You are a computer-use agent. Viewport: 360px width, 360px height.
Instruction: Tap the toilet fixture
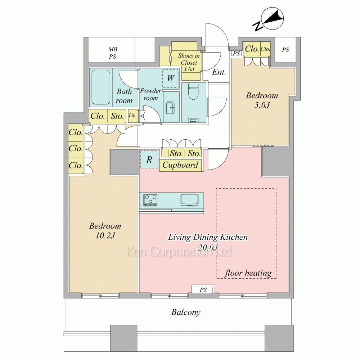[193, 91]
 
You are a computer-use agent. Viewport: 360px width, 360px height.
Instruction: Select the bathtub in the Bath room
[101, 87]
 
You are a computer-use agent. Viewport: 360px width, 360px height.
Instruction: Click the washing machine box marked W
[171, 78]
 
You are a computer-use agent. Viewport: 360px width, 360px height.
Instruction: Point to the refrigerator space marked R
[149, 159]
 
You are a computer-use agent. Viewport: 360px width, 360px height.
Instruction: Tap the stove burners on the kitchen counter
[150, 200]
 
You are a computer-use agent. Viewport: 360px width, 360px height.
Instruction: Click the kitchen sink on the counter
[189, 200]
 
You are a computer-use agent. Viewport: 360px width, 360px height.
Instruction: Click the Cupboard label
[180, 165]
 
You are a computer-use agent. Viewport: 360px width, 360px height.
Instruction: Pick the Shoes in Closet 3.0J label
[189, 62]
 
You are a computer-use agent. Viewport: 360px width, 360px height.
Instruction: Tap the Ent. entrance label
[219, 72]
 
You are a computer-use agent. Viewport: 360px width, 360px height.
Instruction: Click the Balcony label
[186, 312]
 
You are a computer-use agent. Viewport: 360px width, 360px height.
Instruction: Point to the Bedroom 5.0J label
[262, 100]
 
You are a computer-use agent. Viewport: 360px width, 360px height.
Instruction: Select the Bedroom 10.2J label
[105, 230]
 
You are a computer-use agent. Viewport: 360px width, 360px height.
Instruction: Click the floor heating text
[248, 273]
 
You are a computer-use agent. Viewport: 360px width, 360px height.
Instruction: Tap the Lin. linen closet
[132, 116]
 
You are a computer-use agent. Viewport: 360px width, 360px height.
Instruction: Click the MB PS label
[112, 53]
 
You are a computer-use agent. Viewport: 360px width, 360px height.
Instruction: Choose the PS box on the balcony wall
[203, 290]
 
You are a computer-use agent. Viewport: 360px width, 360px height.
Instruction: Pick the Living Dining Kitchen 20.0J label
[208, 242]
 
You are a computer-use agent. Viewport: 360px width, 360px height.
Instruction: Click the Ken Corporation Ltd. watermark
[180, 252]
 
